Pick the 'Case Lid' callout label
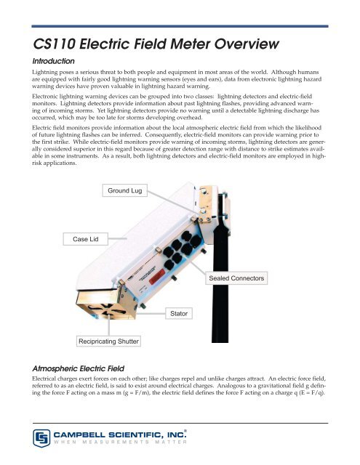click(x=85, y=239)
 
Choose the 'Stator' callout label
click(x=180, y=313)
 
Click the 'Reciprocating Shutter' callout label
click(x=109, y=341)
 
